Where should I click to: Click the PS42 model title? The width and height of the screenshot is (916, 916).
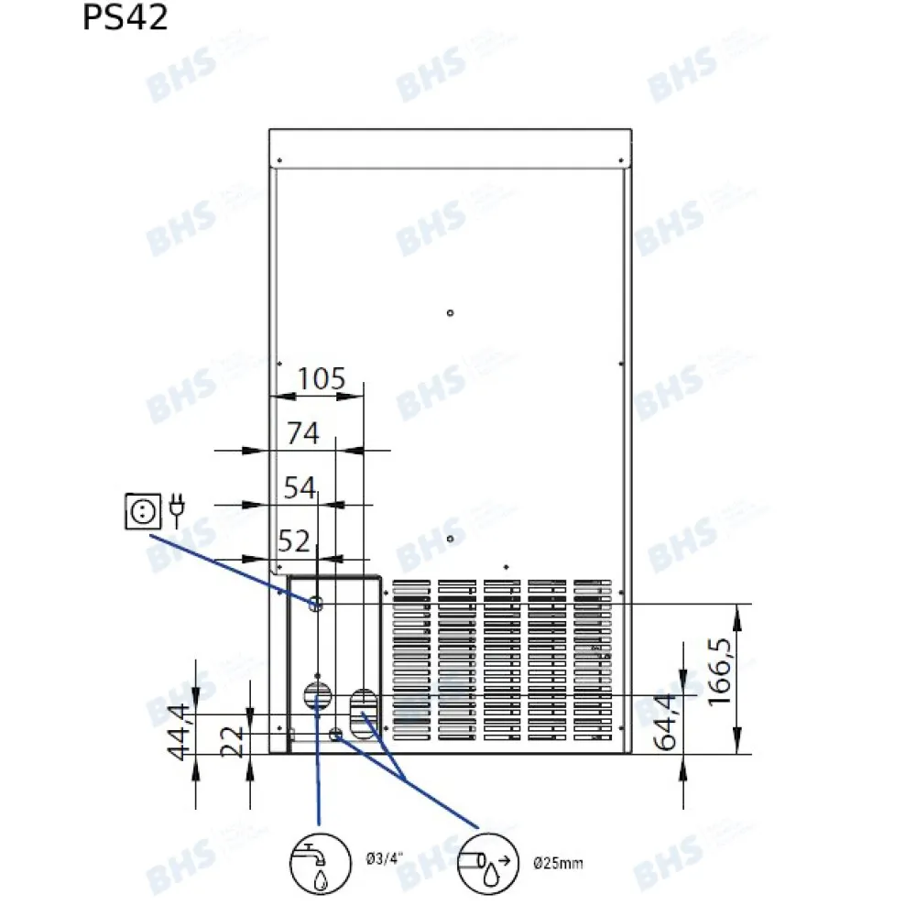pyautogui.click(x=125, y=17)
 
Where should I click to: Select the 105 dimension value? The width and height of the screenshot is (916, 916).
pyautogui.click(x=321, y=377)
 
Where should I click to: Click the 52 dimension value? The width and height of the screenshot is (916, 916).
pyautogui.click(x=294, y=541)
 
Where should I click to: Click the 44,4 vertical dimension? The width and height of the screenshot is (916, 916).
pyautogui.click(x=181, y=730)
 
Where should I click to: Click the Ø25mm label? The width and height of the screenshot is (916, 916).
pyautogui.click(x=557, y=862)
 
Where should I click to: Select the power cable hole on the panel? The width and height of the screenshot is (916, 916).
pyautogui.click(x=316, y=603)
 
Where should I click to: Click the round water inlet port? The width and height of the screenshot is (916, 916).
pyautogui.click(x=316, y=693)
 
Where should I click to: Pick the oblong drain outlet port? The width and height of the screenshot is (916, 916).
pyautogui.click(x=363, y=704)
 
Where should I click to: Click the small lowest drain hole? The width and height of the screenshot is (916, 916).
pyautogui.click(x=336, y=733)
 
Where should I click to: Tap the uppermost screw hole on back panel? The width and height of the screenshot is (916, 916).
pyautogui.click(x=450, y=313)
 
